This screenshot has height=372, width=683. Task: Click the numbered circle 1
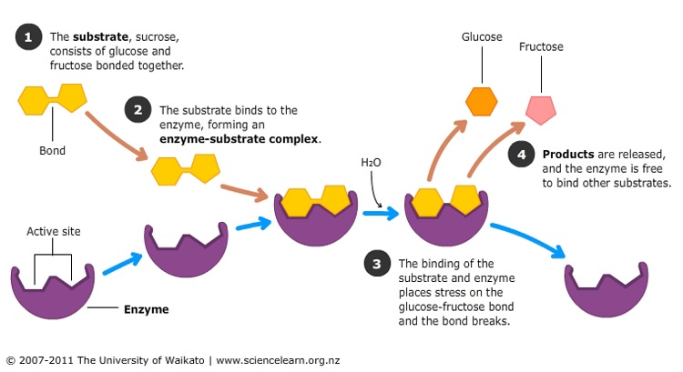pyautogui.click(x=30, y=39)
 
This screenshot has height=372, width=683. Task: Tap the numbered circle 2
pyautogui.click(x=138, y=112)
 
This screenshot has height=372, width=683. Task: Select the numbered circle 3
pyautogui.click(x=378, y=265)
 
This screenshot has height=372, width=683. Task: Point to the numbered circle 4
pyautogui.click(x=523, y=154)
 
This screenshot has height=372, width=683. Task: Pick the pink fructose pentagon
pyautogui.click(x=541, y=108)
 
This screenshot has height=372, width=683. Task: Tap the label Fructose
pyautogui.click(x=541, y=46)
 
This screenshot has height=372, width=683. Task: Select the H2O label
pyautogui.click(x=371, y=163)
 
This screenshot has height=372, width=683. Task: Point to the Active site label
pyautogui.click(x=53, y=232)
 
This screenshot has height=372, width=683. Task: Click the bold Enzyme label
pyautogui.click(x=147, y=309)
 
